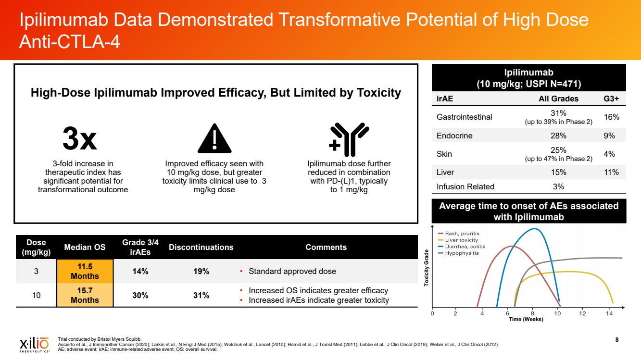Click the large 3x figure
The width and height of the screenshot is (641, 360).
click(x=80, y=139)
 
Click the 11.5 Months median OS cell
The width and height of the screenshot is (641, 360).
click(x=85, y=271)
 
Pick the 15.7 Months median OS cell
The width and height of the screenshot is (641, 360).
click(x=85, y=295)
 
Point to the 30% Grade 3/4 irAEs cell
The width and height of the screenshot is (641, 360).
click(x=140, y=295)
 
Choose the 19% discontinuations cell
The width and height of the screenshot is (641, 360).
click(x=201, y=271)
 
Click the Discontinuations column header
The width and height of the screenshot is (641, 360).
click(x=201, y=247)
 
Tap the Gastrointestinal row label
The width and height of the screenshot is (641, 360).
click(x=464, y=117)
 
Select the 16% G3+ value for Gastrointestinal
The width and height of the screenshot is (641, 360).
click(x=611, y=117)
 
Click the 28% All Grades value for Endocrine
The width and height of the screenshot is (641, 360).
click(x=558, y=136)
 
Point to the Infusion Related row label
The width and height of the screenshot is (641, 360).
click(x=465, y=186)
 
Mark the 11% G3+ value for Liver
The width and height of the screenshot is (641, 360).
click(x=611, y=172)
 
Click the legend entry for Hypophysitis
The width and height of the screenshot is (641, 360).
click(x=462, y=253)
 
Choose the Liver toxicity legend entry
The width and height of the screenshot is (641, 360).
click(x=461, y=240)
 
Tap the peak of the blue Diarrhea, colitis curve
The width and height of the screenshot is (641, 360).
click(x=535, y=229)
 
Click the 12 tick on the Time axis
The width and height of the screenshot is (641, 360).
click(x=582, y=314)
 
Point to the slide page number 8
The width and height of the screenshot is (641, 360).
click(x=617, y=340)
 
